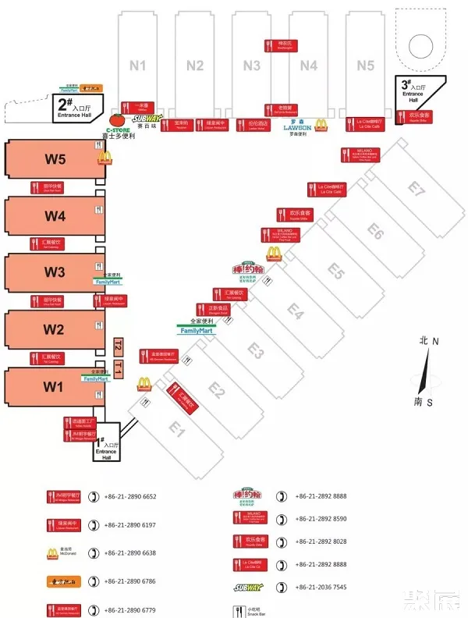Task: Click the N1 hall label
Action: pos(138,66)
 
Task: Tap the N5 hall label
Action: pos(366,66)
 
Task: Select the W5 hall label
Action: pos(55,160)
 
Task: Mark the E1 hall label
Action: pos(178,428)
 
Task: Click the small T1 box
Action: pos(119,368)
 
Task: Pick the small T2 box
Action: pos(119,346)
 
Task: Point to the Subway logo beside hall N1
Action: pos(148,119)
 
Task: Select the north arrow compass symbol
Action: pos(424,371)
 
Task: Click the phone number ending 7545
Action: pos(321,587)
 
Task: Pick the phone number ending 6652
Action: pos(130,496)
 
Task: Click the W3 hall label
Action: pos(55,272)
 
